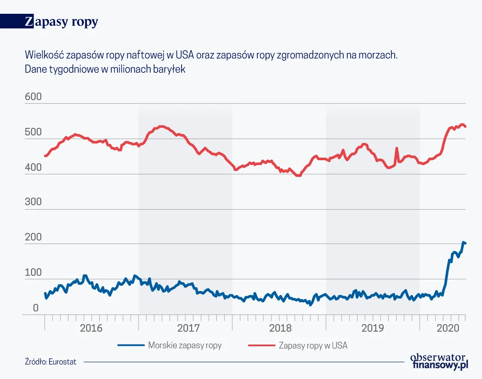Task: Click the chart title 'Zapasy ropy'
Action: pos(62,22)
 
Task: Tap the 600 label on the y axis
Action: pos(33,97)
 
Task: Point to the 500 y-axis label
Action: pos(33,132)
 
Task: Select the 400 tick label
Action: pos(33,168)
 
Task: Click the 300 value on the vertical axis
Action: pos(33,202)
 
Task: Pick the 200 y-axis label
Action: pos(33,237)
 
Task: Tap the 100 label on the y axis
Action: pos(33,273)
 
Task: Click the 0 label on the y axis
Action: pos(36,308)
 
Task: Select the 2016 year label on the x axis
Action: pos(91,328)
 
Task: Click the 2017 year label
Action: pos(188,328)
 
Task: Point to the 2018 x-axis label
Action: pos(280,328)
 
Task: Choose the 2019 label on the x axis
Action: pos(373,328)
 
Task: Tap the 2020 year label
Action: pos(448,328)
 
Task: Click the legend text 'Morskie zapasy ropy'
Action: pos(185,345)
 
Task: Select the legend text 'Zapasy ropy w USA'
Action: pos(313,345)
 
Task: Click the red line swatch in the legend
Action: pos(261,345)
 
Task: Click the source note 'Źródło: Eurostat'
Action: pos(50,362)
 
